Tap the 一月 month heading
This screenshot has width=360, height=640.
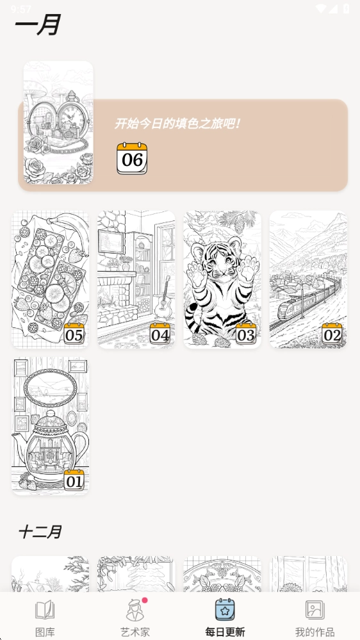click(38, 25)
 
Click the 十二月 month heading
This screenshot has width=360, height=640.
click(40, 532)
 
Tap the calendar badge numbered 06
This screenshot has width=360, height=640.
click(132, 158)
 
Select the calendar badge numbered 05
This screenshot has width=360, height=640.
click(74, 334)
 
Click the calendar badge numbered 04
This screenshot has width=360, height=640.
click(160, 334)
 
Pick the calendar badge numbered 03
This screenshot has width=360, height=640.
click(246, 334)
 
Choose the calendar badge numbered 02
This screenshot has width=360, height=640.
click(332, 334)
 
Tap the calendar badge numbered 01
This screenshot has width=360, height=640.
click(74, 480)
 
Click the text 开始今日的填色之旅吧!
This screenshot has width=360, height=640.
click(176, 123)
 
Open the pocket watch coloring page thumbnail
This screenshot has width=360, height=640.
click(58, 122)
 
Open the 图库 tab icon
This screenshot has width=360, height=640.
click(45, 610)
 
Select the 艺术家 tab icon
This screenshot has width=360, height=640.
click(135, 610)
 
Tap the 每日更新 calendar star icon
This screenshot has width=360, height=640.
click(225, 609)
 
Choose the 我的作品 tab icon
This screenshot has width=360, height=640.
click(315, 610)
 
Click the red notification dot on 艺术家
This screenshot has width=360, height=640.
click(145, 600)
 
